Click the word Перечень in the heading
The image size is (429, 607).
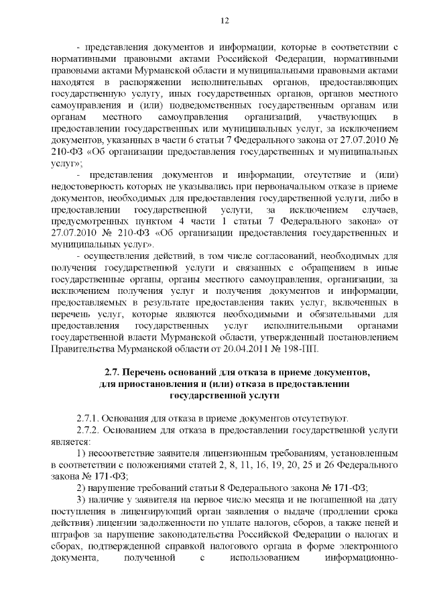(148, 372)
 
